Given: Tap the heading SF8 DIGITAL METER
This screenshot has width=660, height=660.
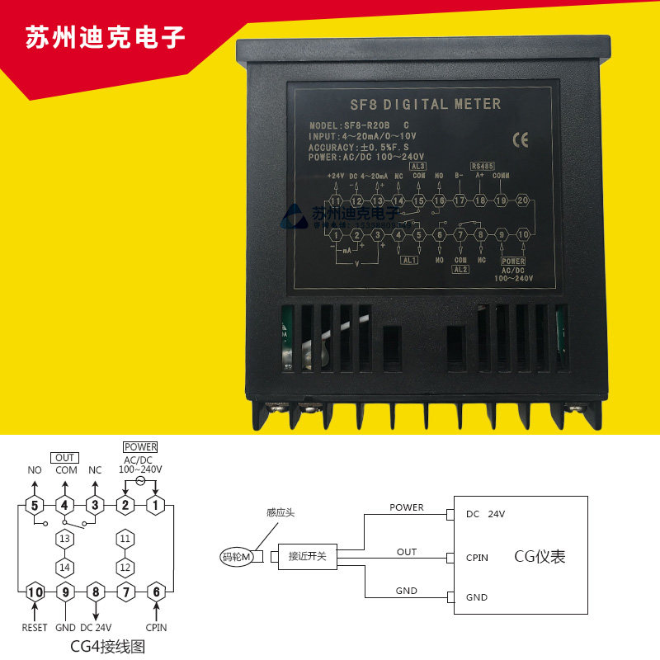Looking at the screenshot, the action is pyautogui.click(x=421, y=105).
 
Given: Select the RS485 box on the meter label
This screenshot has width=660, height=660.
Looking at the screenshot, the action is pyautogui.click(x=481, y=165).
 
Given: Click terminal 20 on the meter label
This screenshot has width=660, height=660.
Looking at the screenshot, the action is pyautogui.click(x=521, y=200).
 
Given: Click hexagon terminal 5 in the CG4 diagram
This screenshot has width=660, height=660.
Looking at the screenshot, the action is pyautogui.click(x=35, y=505).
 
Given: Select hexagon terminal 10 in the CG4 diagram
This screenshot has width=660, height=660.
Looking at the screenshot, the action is pyautogui.click(x=35, y=591).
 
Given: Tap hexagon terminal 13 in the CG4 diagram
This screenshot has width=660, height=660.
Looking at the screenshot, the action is pyautogui.click(x=65, y=538).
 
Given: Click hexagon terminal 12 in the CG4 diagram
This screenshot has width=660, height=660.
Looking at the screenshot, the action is pyautogui.click(x=125, y=568).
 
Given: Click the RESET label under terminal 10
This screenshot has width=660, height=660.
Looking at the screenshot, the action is pyautogui.click(x=35, y=628).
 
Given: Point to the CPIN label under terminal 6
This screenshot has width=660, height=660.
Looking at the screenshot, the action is pyautogui.click(x=155, y=628).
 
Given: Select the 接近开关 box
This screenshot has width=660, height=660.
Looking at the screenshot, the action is pyautogui.click(x=308, y=556).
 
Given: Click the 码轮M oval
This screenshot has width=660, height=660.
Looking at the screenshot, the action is pyautogui.click(x=238, y=557).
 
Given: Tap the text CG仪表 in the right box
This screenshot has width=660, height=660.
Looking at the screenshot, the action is pyautogui.click(x=540, y=557).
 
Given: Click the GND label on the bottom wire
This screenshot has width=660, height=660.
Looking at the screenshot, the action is pyautogui.click(x=407, y=591).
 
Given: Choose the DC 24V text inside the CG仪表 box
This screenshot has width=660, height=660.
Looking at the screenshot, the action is pyautogui.click(x=485, y=514).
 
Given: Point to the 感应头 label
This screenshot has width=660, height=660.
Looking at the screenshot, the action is pyautogui.click(x=280, y=512).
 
